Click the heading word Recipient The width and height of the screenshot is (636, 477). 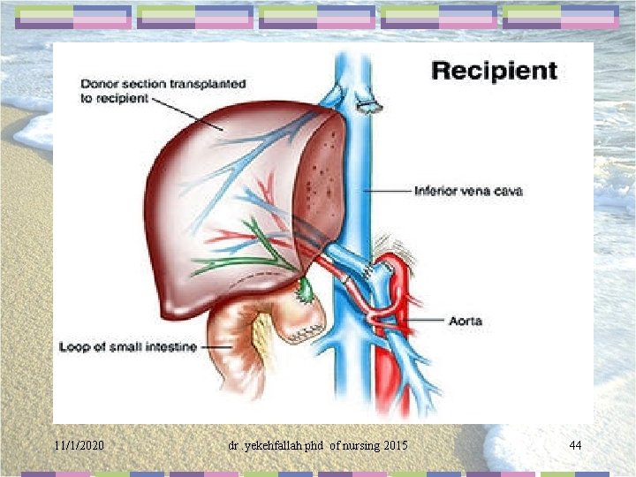tap(494, 71)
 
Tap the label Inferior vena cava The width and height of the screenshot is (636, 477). tap(467, 191)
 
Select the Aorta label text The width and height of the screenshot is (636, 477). tap(466, 321)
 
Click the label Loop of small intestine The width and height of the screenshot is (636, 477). tap(127, 347)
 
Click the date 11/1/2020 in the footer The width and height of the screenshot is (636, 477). tap(79, 445)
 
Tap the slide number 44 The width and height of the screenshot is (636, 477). tap(575, 445)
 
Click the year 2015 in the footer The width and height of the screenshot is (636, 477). tap(395, 445)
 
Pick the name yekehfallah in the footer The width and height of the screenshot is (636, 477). tap(270, 445)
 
